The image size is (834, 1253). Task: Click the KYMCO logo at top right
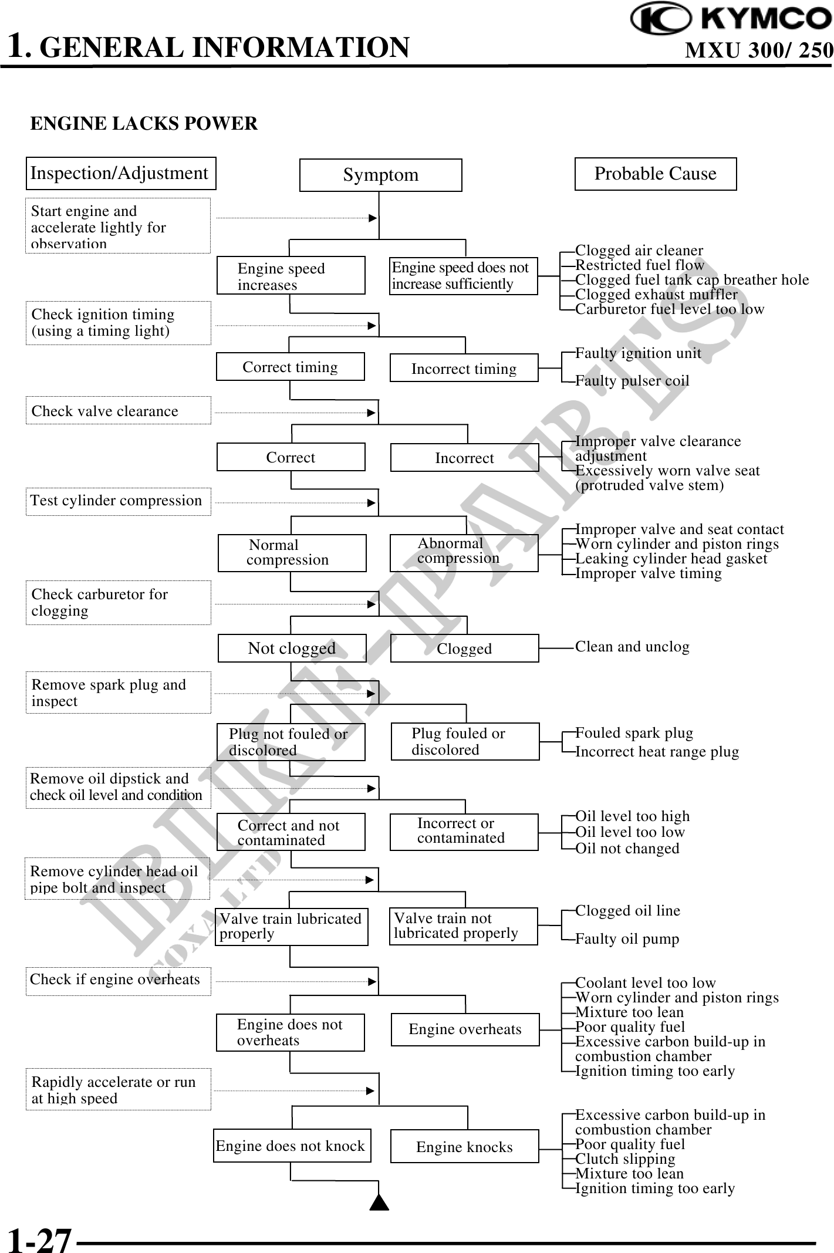coord(730,19)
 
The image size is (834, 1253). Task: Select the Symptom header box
coord(380,175)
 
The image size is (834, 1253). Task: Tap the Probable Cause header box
coord(655,174)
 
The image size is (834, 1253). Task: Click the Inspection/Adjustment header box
coord(121,174)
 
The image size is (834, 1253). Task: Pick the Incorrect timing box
coord(464,368)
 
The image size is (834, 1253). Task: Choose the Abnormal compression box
coord(464,552)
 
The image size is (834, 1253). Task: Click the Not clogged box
coord(292,648)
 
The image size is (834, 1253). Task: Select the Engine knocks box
coord(464,1146)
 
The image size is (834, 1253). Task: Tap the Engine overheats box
coord(465,1029)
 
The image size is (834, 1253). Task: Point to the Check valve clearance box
coord(118,411)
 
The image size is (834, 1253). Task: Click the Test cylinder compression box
coord(118,501)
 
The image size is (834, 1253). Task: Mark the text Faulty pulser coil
coord(632,381)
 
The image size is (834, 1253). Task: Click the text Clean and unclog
coord(632,647)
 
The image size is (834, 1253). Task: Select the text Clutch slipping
coord(625,1159)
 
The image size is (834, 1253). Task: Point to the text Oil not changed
coord(627,848)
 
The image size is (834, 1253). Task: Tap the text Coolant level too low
coord(645,982)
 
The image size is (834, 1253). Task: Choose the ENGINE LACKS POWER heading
coord(144,124)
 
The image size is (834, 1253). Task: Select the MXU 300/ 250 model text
coord(758,50)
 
